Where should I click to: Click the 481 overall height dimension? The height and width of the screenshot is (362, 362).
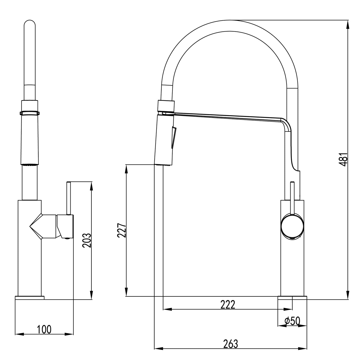pos(344,159)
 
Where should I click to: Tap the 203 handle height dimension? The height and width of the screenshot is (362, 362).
pos(87,240)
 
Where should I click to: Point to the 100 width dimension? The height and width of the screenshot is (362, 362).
pos(44,329)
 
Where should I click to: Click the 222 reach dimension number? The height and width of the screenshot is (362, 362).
pos(228,305)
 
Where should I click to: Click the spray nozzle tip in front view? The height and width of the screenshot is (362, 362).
pos(30,164)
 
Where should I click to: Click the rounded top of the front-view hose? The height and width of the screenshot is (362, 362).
pos(30,23)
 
